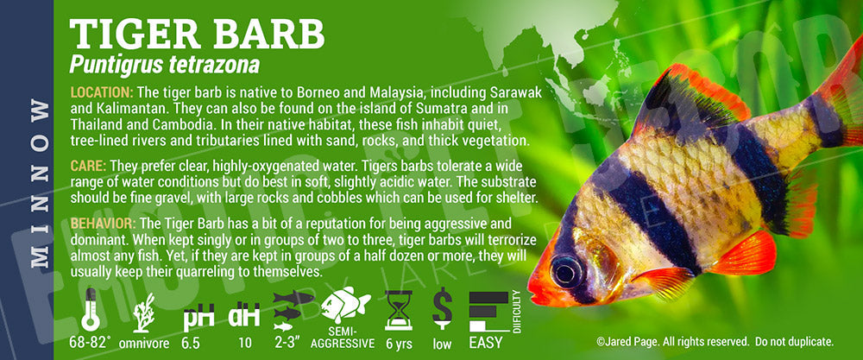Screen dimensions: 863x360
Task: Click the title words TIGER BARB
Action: coord(197,35)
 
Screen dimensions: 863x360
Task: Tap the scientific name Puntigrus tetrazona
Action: coord(165,66)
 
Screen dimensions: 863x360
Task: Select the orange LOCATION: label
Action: coord(102,92)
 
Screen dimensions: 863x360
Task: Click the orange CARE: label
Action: coord(89,166)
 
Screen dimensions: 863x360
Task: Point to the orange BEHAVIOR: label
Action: coord(103,224)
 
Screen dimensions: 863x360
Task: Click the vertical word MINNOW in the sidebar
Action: coord(39,183)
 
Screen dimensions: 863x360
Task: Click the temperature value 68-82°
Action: coord(91,343)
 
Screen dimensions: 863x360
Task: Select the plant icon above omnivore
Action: coord(144,313)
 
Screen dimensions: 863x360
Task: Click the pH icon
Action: coord(198,317)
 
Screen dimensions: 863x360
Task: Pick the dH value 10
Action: coord(245,343)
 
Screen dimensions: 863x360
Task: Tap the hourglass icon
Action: coord(399,311)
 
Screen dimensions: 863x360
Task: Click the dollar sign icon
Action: coord(442,309)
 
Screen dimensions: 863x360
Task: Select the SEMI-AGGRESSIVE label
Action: coord(343,338)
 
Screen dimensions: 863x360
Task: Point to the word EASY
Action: coord(485,343)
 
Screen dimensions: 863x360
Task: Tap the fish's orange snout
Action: coord(542,287)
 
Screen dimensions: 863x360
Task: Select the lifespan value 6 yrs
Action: coord(399,343)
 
